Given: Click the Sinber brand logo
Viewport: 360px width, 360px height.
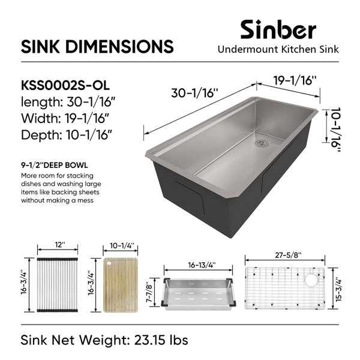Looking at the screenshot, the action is click(x=278, y=29).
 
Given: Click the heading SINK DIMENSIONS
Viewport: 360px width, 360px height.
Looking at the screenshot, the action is click(x=97, y=47).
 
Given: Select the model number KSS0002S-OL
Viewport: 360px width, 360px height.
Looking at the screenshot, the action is click(x=65, y=85).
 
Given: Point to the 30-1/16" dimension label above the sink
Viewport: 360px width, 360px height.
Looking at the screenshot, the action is click(x=194, y=93).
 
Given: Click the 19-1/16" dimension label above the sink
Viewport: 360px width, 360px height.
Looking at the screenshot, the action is click(x=295, y=80).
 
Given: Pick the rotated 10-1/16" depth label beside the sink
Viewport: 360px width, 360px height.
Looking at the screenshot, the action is click(x=335, y=130).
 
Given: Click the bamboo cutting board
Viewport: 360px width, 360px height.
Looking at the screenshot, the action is click(x=121, y=285).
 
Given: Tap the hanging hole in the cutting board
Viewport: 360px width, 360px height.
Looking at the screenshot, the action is click(x=109, y=263).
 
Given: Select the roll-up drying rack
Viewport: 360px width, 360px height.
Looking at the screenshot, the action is click(x=58, y=285).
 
